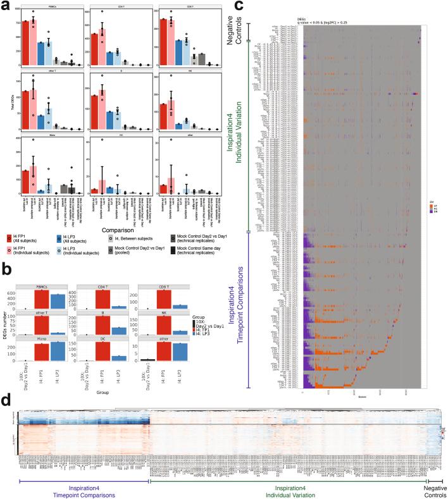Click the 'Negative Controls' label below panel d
coord(432,490)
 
